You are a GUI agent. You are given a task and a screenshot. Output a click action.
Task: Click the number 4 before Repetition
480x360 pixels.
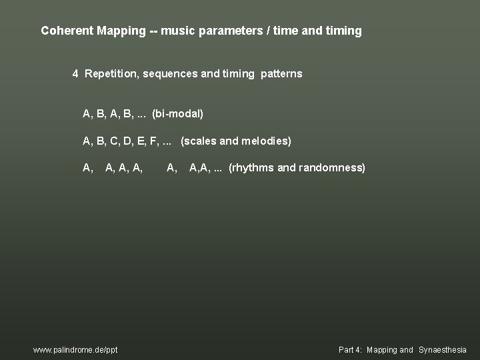click(x=76, y=73)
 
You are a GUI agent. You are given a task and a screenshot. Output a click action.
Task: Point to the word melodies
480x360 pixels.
click(x=265, y=141)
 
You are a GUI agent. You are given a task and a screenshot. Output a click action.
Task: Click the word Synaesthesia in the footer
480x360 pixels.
click(x=443, y=349)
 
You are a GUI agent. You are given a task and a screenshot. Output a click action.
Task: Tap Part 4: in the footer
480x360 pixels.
click(x=349, y=349)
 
